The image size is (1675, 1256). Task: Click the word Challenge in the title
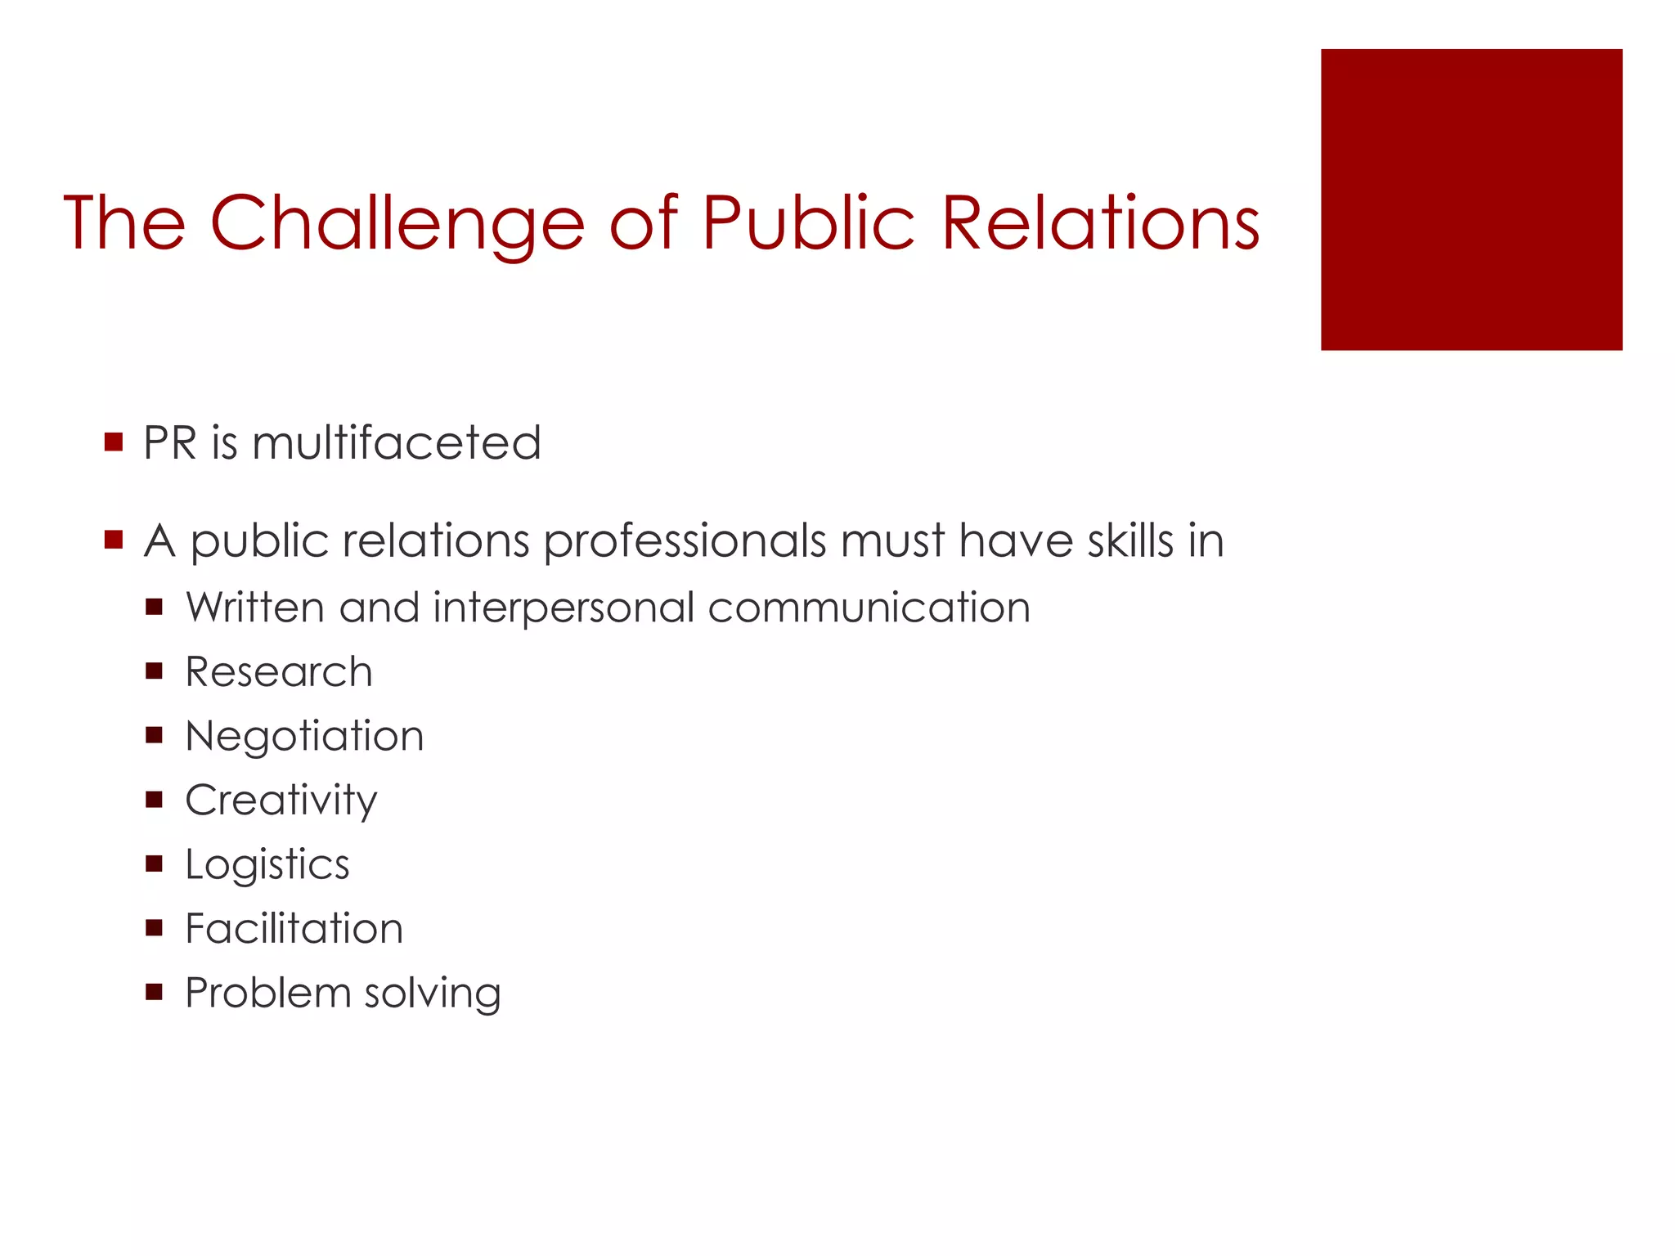point(397,223)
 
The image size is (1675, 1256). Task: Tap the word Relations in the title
point(1100,223)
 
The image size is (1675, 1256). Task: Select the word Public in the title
point(808,223)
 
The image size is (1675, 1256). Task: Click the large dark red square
point(1471,200)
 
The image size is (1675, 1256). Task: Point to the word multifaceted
point(397,443)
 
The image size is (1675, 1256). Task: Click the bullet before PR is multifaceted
point(114,442)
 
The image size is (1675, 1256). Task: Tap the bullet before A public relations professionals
point(114,540)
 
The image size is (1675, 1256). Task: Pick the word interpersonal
point(564,608)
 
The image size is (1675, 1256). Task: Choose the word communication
point(869,608)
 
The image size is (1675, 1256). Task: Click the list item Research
point(279,672)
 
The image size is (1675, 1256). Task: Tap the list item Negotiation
point(304,737)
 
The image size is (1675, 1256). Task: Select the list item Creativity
point(281,801)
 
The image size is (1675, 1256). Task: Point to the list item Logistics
point(267,865)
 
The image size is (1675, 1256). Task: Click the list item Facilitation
point(294,929)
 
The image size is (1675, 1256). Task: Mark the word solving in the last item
point(432,994)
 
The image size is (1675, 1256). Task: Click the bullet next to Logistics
point(155,863)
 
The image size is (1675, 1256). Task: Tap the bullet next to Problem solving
point(155,992)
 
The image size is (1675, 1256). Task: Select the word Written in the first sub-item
point(255,608)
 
